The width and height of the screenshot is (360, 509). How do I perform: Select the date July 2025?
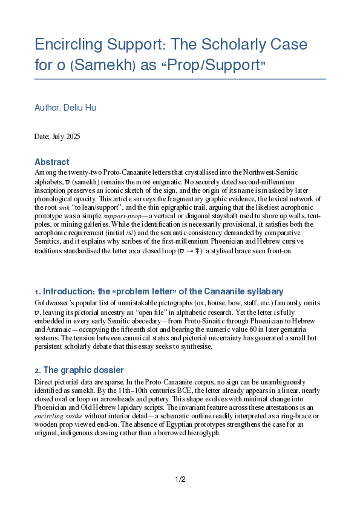65,137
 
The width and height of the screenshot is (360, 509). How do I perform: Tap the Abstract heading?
51,162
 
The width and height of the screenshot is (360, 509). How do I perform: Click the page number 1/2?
180,479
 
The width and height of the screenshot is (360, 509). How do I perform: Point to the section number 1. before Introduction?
38,292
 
